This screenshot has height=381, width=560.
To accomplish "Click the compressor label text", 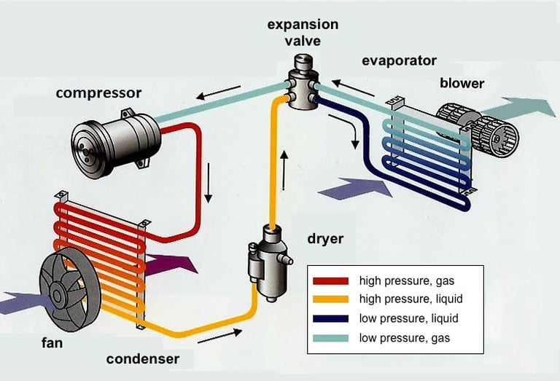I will point(98,93).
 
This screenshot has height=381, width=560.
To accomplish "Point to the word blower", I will point(462,82).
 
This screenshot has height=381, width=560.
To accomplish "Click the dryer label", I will point(325,238).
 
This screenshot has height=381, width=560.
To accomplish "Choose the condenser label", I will point(142,359).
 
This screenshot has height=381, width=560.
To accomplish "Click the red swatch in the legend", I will point(330,280).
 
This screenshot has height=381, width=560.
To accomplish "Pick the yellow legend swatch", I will point(330,299).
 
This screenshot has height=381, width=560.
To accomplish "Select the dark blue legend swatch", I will point(330,319).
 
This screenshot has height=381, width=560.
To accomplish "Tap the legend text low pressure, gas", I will point(405,338).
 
